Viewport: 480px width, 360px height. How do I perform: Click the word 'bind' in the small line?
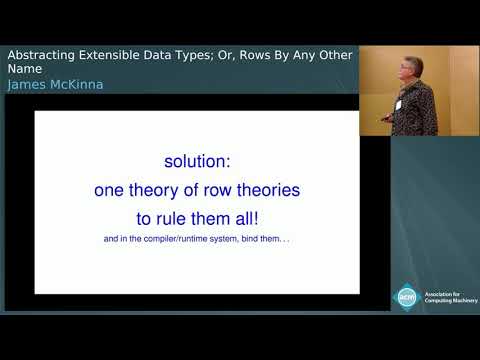pyautogui.click(x=257, y=238)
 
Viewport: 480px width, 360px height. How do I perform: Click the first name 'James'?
pyautogui.click(x=26, y=85)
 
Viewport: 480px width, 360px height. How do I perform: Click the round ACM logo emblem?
pyautogui.click(x=407, y=297)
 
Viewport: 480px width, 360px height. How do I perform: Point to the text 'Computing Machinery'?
pyautogui.click(x=450, y=301)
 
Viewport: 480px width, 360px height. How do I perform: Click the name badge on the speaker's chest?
pyautogui.click(x=399, y=101)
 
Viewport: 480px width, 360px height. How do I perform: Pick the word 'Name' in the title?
pyautogui.click(x=26, y=70)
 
